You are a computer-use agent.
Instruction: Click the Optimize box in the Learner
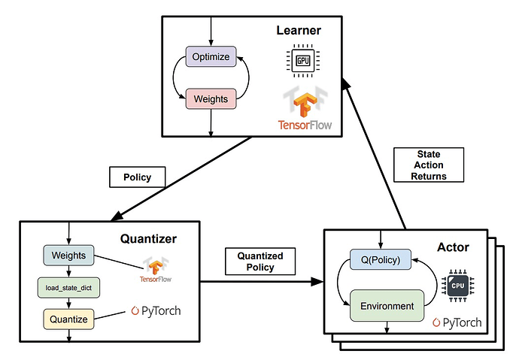[211, 56]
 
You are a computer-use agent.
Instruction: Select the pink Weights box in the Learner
[211, 99]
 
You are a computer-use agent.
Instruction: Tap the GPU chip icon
[303, 60]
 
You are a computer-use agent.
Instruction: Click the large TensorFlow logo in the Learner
[305, 107]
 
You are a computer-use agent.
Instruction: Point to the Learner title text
[299, 30]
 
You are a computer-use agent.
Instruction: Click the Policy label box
[138, 177]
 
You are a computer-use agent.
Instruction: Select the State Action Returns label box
[429, 165]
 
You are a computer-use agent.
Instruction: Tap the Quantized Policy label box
[260, 262]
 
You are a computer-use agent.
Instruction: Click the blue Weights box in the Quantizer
[69, 256]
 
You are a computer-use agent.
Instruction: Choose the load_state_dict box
[68, 288]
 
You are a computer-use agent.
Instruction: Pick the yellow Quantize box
[69, 319]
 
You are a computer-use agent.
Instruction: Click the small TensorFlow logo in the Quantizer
[156, 269]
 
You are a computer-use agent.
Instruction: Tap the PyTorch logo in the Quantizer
[156, 311]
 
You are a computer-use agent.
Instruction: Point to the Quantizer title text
[148, 239]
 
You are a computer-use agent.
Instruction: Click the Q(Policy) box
[381, 259]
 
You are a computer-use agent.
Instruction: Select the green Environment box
[387, 306]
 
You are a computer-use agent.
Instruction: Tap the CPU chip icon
[458, 286]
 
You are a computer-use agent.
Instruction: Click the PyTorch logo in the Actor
[457, 322]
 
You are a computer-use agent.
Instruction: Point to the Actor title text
[453, 247]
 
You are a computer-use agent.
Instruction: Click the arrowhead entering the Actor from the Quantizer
[317, 282]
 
